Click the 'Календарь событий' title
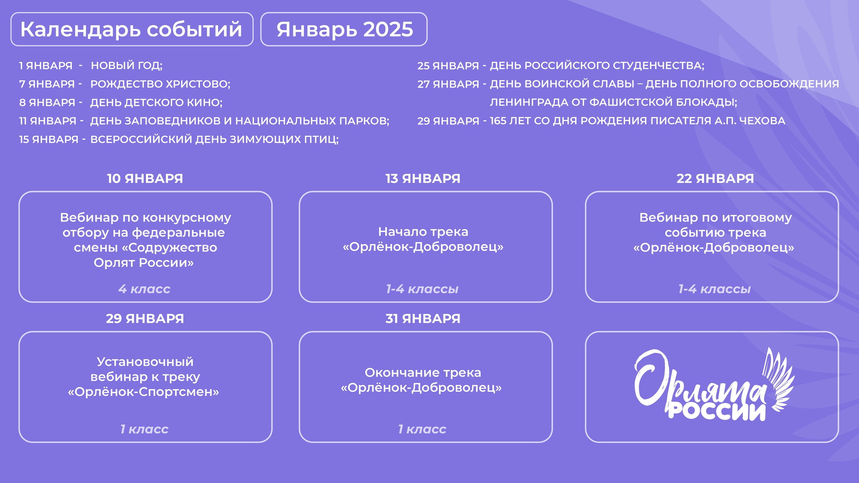[131, 30]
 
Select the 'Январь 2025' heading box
[344, 29]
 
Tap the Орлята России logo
[714, 384]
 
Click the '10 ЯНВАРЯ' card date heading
[145, 178]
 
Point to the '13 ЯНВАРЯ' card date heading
[423, 178]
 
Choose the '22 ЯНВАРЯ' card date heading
[715, 178]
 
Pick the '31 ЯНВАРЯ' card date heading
[423, 319]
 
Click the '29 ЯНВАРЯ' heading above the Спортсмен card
[145, 319]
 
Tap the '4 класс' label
[144, 289]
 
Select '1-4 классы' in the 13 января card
[422, 289]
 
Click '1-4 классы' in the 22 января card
[714, 289]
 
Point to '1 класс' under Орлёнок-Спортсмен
[144, 429]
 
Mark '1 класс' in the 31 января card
[422, 429]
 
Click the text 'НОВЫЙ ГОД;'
[127, 65]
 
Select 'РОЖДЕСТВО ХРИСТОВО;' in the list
[160, 84]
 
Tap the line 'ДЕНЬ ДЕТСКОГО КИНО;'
[156, 102]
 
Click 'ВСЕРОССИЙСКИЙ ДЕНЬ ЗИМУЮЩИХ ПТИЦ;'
[215, 139]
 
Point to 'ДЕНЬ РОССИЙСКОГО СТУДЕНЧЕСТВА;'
[597, 65]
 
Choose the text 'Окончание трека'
[423, 372]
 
